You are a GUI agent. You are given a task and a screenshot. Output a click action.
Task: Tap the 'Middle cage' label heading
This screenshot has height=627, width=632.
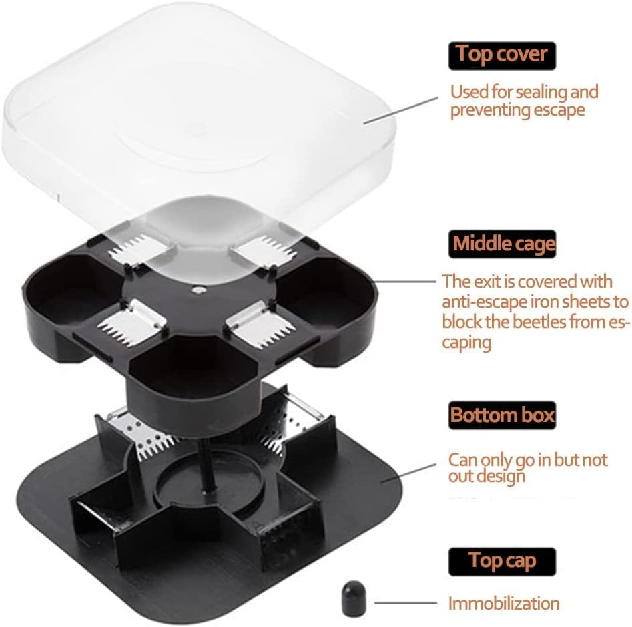(x=504, y=244)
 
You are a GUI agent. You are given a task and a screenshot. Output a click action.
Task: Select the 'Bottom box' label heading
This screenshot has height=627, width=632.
(x=502, y=415)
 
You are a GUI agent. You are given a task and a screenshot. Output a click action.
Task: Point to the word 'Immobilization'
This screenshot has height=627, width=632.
(x=504, y=604)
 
